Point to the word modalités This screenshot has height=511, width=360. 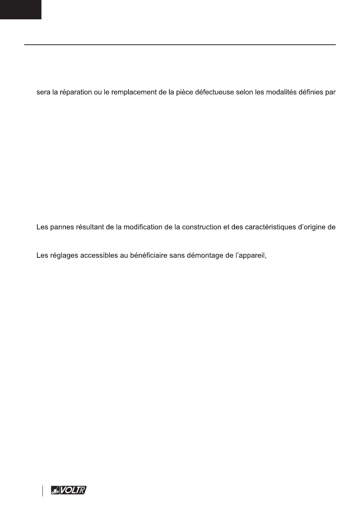pyautogui.click(x=280, y=92)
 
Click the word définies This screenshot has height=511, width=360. pyautogui.click(x=310, y=92)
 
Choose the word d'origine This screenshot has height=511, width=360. pyautogui.click(x=311, y=227)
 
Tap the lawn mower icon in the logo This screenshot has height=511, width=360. pyautogui.click(x=55, y=491)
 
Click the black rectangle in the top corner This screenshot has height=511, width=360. pyautogui.click(x=20, y=9)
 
